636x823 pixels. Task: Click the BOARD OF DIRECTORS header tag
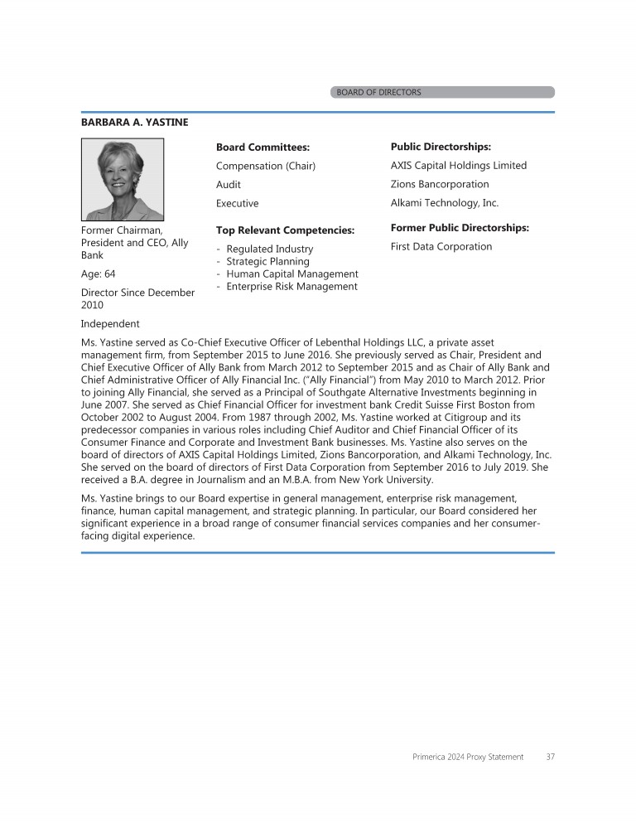point(378,92)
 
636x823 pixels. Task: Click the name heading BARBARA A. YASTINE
point(134,123)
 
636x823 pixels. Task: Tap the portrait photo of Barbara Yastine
point(123,179)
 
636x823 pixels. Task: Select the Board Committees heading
point(263,148)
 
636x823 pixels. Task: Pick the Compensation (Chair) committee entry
point(266,166)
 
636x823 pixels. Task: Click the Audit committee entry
point(229,185)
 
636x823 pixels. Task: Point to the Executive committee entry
point(237,203)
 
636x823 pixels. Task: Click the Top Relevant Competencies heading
point(285,230)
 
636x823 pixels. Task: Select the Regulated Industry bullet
point(269,249)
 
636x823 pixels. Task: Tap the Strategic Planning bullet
point(267,261)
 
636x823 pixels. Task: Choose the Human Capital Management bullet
point(291,274)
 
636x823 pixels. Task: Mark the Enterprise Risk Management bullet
point(291,287)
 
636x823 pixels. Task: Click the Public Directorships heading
point(441,147)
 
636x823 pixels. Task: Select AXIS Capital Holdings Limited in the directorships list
point(458,165)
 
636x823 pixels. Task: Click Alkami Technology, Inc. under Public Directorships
point(445,203)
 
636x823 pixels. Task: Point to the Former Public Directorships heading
point(460,228)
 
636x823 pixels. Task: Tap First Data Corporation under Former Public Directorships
point(441,246)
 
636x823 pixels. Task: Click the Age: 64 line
point(98,274)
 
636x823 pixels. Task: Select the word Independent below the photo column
point(110,323)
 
